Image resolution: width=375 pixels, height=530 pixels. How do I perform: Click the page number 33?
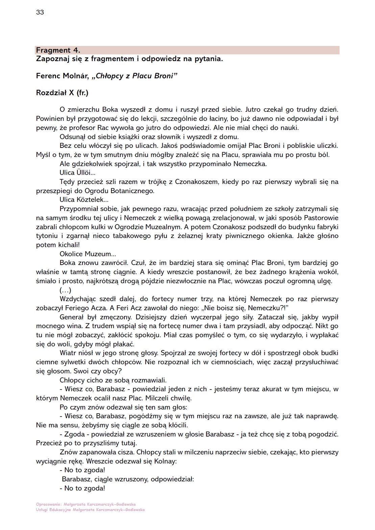(40, 12)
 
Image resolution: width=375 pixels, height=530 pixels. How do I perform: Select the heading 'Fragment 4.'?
(58, 50)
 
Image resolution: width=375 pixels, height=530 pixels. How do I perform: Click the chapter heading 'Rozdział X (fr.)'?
(62, 93)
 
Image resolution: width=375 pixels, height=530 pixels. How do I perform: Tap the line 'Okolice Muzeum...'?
(87, 254)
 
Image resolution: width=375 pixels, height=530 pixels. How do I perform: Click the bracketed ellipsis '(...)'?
(66, 290)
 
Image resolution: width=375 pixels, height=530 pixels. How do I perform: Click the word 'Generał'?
(71, 317)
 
